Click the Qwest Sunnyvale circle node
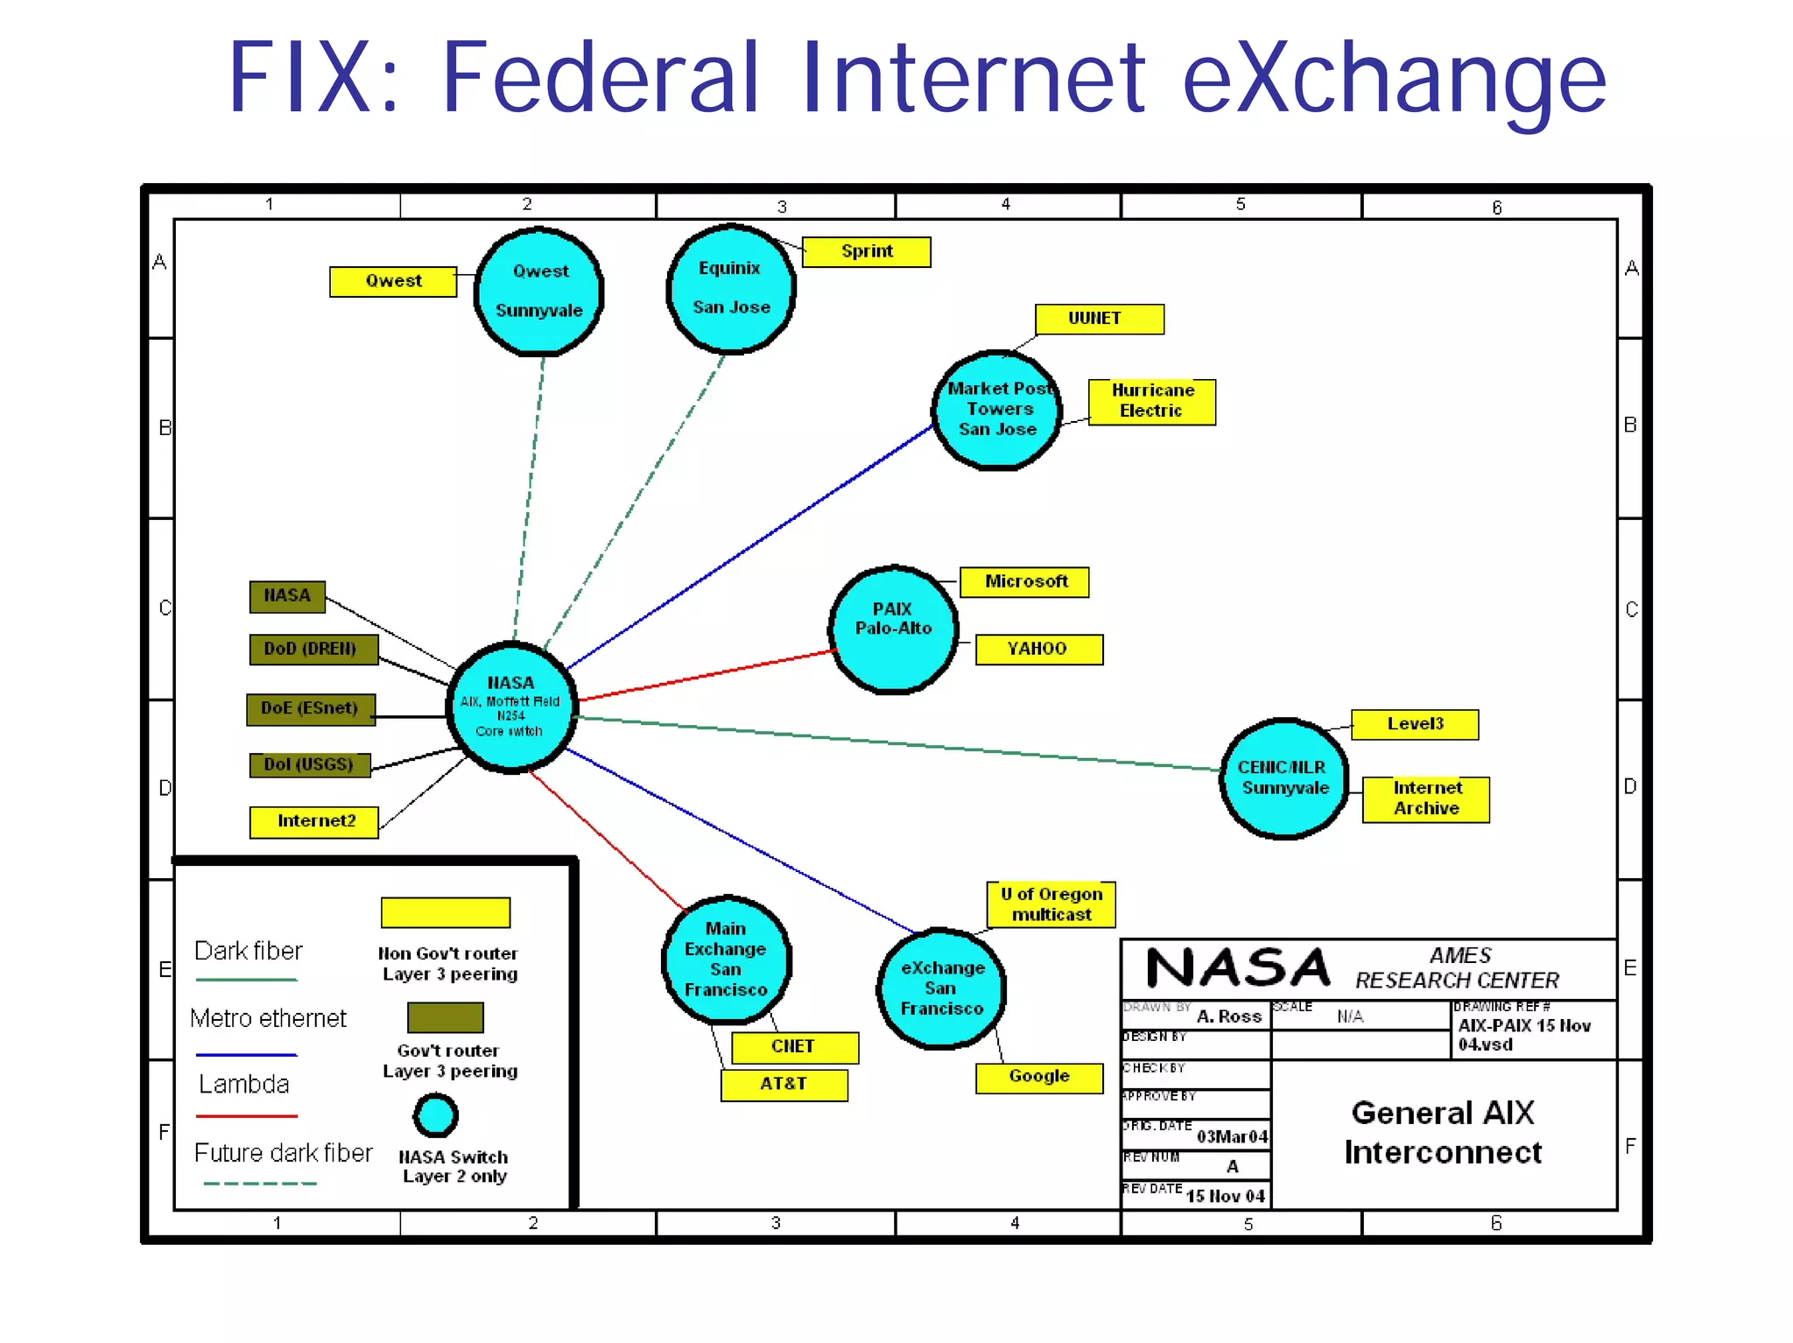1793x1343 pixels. pos(539,292)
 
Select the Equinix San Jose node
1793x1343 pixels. pos(731,289)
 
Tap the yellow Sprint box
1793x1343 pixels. pos(866,251)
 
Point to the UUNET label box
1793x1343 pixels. pos(1099,319)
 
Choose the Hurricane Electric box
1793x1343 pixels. pos(1151,401)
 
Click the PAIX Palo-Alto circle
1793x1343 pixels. pos(893,629)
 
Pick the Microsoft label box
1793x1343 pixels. pos(1024,582)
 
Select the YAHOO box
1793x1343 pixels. pos(1038,649)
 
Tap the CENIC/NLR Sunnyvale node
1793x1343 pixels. pos(1283,778)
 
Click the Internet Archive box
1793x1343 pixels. pos(1425,798)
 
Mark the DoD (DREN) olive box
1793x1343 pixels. pos(313,649)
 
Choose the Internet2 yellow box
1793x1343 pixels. pos(314,821)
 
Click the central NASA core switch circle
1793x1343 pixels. pos(511,707)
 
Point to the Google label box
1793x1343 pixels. pos(1038,1077)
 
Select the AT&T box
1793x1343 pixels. pos(784,1084)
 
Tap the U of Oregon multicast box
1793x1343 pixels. pos(1051,904)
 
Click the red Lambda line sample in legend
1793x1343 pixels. pos(247,1116)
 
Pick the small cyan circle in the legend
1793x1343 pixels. pos(435,1115)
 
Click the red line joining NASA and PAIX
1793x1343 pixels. pos(705,675)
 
